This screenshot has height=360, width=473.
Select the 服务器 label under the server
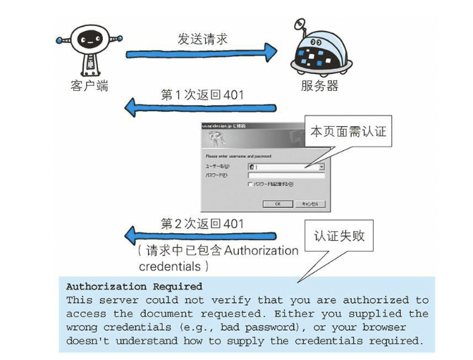(319, 86)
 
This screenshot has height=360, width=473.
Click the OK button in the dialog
(278, 204)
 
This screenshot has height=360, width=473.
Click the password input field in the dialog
(285, 175)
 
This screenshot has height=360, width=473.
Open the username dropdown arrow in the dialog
(321, 167)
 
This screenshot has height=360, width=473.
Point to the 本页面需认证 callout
(348, 131)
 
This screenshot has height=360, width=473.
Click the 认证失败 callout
(339, 237)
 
